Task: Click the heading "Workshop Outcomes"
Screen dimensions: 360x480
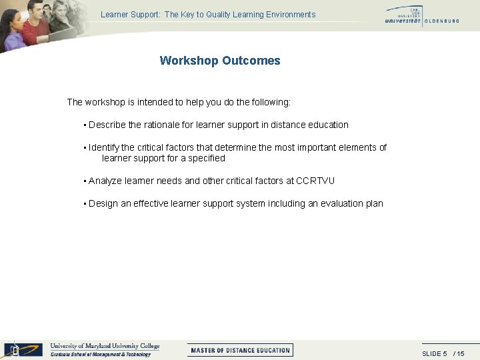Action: tap(220, 61)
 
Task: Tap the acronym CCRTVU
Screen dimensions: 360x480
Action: tap(315, 181)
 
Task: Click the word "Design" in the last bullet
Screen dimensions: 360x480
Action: tap(103, 203)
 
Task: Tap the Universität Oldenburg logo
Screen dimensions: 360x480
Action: tap(421, 15)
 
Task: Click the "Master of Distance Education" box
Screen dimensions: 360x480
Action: tap(240, 350)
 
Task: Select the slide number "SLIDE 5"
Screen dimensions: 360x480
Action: tap(435, 353)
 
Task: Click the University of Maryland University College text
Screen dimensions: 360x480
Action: tap(105, 346)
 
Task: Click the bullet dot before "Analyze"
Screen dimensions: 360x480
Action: tap(85, 181)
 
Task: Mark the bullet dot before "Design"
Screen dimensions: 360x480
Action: tap(85, 204)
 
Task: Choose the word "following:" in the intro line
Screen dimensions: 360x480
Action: tap(271, 102)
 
